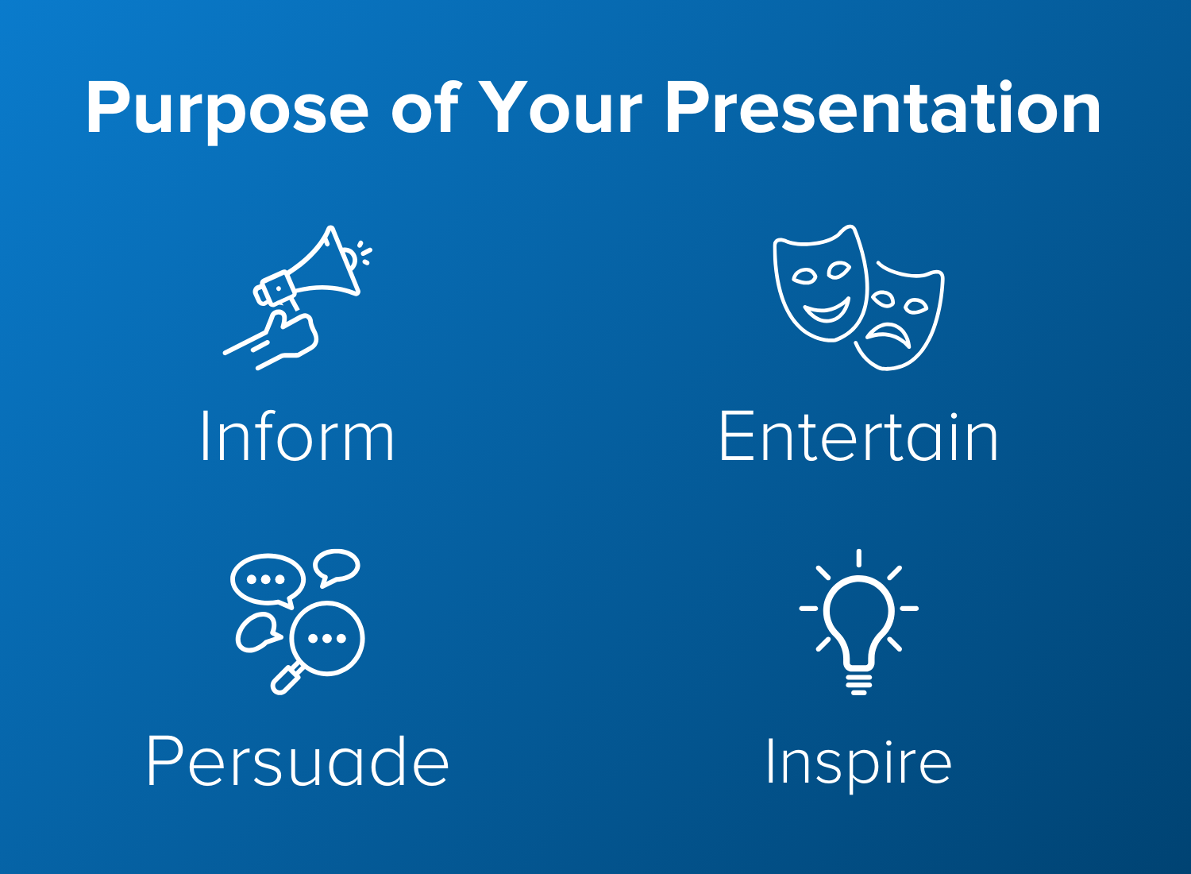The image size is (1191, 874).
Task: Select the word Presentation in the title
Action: point(883,106)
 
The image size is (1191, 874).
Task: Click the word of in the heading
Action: point(426,107)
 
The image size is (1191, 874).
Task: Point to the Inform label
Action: point(298,436)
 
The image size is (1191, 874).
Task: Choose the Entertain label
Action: point(858,435)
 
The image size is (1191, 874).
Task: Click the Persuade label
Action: point(297,760)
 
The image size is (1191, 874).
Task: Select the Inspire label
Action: point(858,764)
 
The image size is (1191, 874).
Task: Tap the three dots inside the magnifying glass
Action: point(327,638)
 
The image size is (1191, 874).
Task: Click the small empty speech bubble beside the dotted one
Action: point(336,567)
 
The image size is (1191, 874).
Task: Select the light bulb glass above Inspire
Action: point(858,620)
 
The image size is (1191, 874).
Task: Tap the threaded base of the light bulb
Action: point(858,685)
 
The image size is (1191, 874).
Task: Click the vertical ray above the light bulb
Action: point(858,558)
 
